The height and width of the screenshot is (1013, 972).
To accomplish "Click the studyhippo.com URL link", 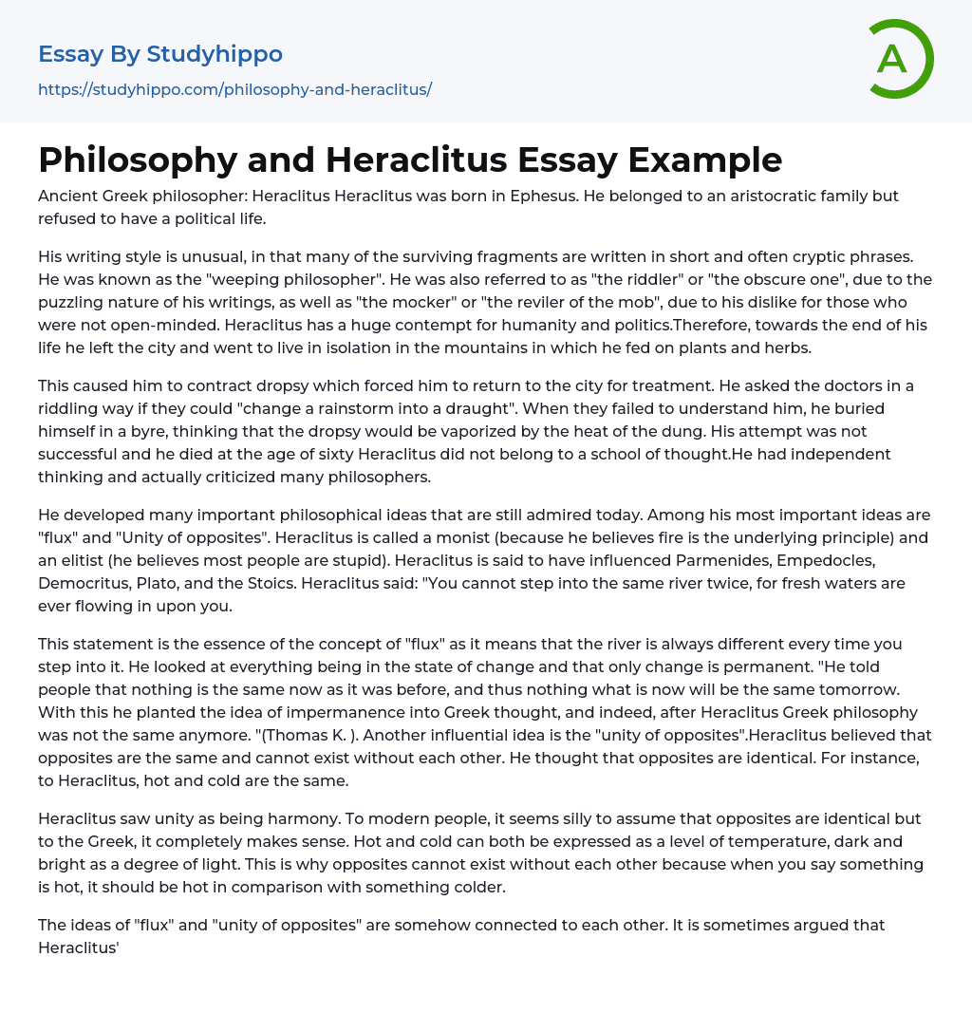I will pos(234,89).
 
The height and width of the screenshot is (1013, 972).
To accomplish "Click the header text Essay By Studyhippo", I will pos(160,54).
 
